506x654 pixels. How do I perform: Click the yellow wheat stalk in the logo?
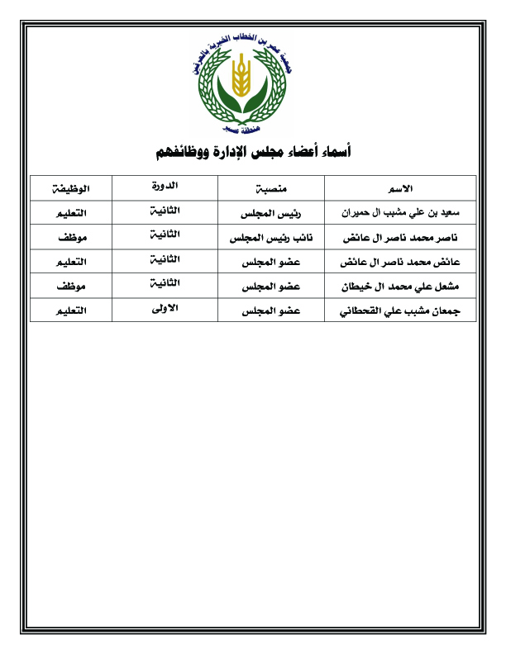click(x=241, y=76)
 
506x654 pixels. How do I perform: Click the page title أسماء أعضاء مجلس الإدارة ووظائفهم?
click(x=254, y=152)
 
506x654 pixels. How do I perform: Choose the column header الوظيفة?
click(x=70, y=188)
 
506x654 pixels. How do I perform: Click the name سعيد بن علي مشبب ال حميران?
click(x=400, y=213)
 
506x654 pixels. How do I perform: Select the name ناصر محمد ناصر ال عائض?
click(x=401, y=238)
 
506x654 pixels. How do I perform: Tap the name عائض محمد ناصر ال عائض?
click(x=400, y=263)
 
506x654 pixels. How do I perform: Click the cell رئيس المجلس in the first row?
click(x=274, y=213)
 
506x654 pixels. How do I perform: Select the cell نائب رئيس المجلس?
click(x=274, y=238)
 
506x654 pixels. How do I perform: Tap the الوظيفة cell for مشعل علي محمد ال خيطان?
click(x=70, y=287)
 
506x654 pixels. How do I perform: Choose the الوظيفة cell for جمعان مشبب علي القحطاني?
click(x=70, y=311)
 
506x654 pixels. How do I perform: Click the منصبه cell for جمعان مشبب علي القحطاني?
click(x=274, y=311)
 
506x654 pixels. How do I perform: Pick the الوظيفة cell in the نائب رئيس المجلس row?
click(x=70, y=238)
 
